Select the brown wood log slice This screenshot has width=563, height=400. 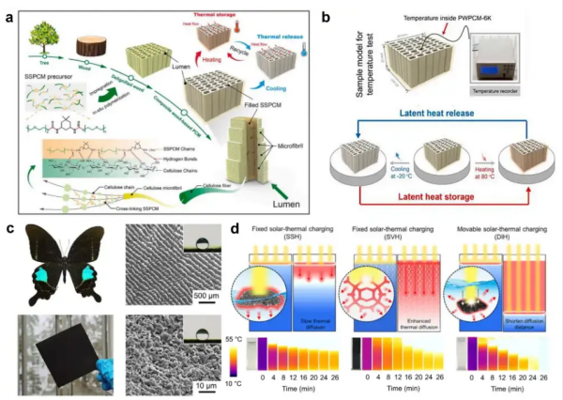coord(95,43)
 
